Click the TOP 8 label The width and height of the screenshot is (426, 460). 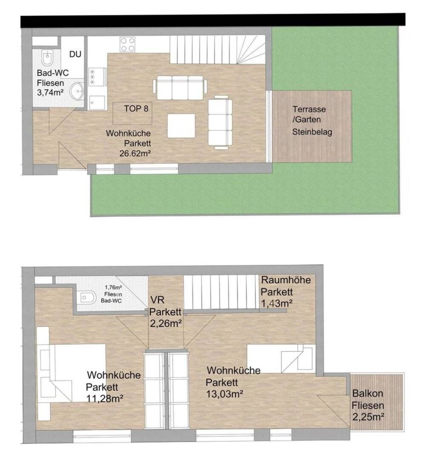136,108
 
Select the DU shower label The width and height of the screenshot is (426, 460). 75,54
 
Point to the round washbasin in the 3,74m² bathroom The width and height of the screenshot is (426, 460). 77,90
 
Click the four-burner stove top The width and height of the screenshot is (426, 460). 128,44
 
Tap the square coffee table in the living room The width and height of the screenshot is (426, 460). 181,126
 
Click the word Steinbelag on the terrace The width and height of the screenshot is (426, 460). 312,132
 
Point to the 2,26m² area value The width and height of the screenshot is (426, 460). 166,323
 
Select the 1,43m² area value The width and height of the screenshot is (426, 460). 276,303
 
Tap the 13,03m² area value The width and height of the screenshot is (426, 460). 225,394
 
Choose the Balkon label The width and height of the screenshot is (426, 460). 365,394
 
